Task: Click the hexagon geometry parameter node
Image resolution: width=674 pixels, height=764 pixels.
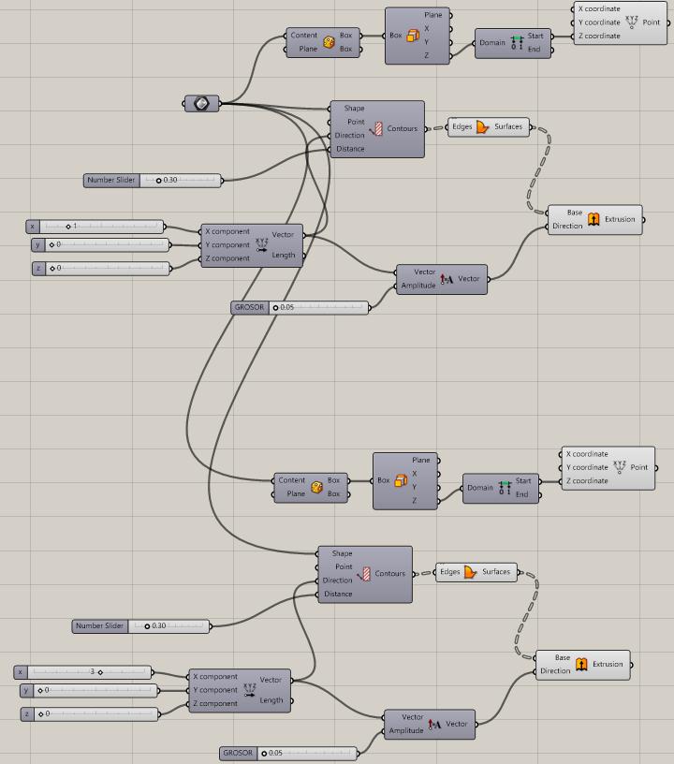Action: click(200, 103)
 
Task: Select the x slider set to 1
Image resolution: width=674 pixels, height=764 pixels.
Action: click(98, 226)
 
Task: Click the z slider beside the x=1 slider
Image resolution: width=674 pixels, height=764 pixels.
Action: click(103, 268)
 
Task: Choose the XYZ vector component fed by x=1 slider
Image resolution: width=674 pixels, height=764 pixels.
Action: click(252, 244)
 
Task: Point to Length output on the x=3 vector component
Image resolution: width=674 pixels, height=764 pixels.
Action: click(271, 700)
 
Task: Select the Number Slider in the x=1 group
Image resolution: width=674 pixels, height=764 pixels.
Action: click(153, 180)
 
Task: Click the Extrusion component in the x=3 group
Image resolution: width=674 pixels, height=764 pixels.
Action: click(582, 664)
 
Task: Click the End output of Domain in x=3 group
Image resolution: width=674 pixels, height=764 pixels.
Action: click(522, 494)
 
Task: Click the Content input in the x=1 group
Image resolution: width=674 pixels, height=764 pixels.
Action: click(303, 36)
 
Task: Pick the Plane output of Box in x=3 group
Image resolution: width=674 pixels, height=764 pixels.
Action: click(421, 460)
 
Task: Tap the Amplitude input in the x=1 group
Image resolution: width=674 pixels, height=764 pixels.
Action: click(418, 286)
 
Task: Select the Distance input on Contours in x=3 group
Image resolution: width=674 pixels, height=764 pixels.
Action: click(338, 594)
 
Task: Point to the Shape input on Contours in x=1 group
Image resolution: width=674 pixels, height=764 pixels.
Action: click(354, 108)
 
